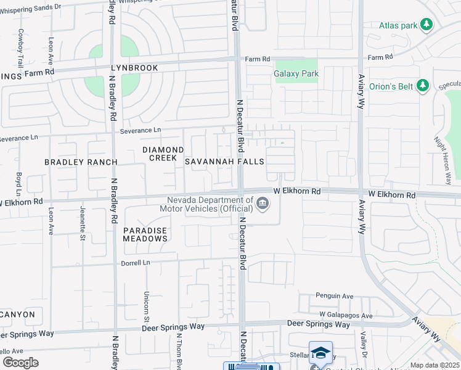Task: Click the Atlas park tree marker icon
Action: [426, 25]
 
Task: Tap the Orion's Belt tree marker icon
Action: [423, 86]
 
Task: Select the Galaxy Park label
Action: [296, 73]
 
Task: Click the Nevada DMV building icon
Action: [263, 203]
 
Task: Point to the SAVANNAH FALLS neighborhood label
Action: [224, 162]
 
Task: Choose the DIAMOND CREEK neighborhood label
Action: [163, 154]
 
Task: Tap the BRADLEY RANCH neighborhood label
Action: [81, 162]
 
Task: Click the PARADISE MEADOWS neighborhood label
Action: [145, 234]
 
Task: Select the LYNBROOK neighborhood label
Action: [134, 68]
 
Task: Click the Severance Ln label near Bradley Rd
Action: [140, 131]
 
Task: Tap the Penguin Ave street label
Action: [335, 297]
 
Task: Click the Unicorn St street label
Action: [147, 306]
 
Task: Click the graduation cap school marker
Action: [320, 353]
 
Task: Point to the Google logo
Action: [20, 363]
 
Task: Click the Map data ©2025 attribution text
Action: [434, 365]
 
